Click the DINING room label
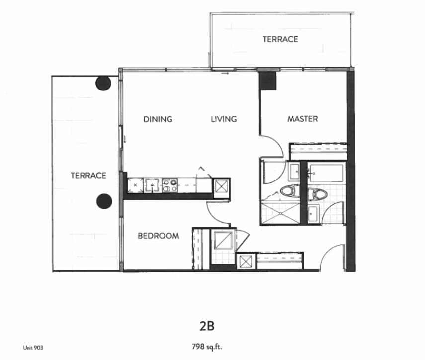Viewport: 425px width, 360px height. pyautogui.click(x=158, y=119)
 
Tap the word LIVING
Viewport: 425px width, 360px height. pyautogui.click(x=224, y=119)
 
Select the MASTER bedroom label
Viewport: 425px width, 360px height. pyautogui.click(x=303, y=119)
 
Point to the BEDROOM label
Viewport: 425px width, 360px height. pyautogui.click(x=159, y=236)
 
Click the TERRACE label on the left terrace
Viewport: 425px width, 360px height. pyautogui.click(x=88, y=176)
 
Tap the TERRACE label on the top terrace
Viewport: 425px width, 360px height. pyautogui.click(x=280, y=39)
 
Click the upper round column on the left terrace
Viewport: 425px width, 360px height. pyautogui.click(x=103, y=83)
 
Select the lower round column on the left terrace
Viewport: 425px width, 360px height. pyautogui.click(x=104, y=201)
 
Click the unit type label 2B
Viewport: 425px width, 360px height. pyautogui.click(x=207, y=326)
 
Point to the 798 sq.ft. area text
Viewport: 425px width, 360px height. pyautogui.click(x=207, y=347)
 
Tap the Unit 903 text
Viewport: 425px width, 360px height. pyautogui.click(x=33, y=348)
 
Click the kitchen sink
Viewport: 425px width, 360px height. pyautogui.click(x=152, y=185)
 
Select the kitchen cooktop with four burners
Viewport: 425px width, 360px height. pyautogui.click(x=170, y=185)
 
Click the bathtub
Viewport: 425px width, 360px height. pyautogui.click(x=327, y=173)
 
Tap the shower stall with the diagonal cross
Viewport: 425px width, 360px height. pyautogui.click(x=281, y=214)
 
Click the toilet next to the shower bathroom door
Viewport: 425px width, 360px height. pyautogui.click(x=290, y=191)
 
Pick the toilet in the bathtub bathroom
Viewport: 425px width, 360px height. pyautogui.click(x=318, y=195)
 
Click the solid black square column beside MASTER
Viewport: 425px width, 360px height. pyautogui.click(x=268, y=81)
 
